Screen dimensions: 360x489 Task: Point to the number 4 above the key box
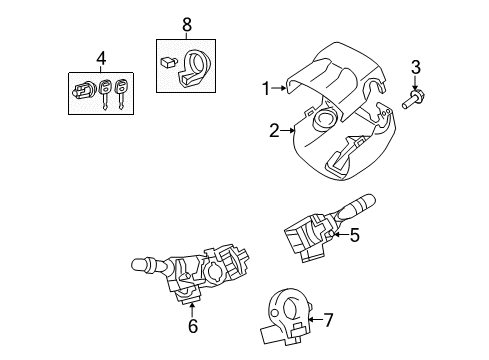coord(98,58)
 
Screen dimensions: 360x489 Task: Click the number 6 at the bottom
coord(193,326)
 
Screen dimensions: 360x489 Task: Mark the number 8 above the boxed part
coord(185,23)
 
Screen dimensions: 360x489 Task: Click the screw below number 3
coord(412,100)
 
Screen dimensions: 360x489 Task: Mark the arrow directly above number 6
coord(193,304)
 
